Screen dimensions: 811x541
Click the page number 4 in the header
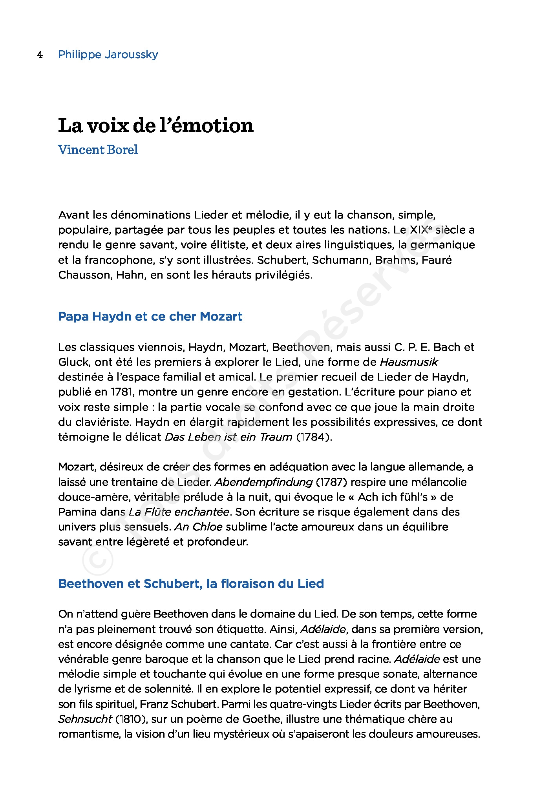(40, 55)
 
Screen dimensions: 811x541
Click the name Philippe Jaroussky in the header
(108, 55)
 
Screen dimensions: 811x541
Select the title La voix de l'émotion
(156, 126)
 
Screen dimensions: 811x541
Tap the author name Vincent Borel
(98, 150)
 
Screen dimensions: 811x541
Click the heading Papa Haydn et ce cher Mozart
(150, 317)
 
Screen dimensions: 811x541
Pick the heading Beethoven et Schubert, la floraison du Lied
(191, 584)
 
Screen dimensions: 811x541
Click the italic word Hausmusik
(409, 362)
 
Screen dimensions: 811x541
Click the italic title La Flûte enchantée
(179, 512)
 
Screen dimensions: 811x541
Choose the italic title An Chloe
(198, 527)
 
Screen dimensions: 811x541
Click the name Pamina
(77, 512)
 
